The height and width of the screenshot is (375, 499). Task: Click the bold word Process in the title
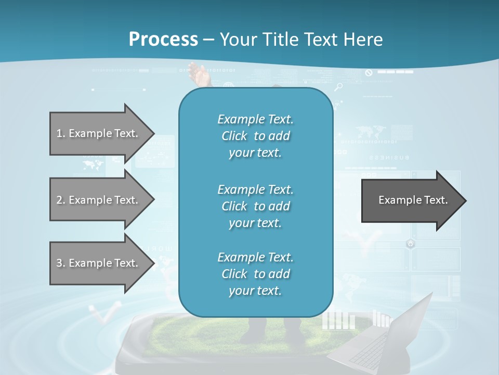click(163, 40)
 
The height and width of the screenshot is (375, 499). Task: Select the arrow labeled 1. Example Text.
click(99, 133)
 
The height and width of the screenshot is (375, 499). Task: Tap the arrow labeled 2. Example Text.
click(99, 200)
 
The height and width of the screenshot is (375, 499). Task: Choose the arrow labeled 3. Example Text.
click(99, 263)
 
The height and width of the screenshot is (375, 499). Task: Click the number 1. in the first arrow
click(61, 133)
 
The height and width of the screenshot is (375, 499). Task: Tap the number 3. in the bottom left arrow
click(61, 263)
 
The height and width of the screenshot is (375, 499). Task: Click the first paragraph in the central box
click(255, 136)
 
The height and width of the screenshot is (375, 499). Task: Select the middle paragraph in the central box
click(255, 206)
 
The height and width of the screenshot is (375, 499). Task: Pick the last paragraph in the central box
click(255, 274)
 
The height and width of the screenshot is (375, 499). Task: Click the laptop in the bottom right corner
click(385, 339)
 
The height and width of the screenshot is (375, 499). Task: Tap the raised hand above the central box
click(199, 74)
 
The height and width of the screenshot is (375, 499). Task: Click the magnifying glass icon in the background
click(339, 87)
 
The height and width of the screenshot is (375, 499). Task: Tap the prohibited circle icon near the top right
click(369, 73)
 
